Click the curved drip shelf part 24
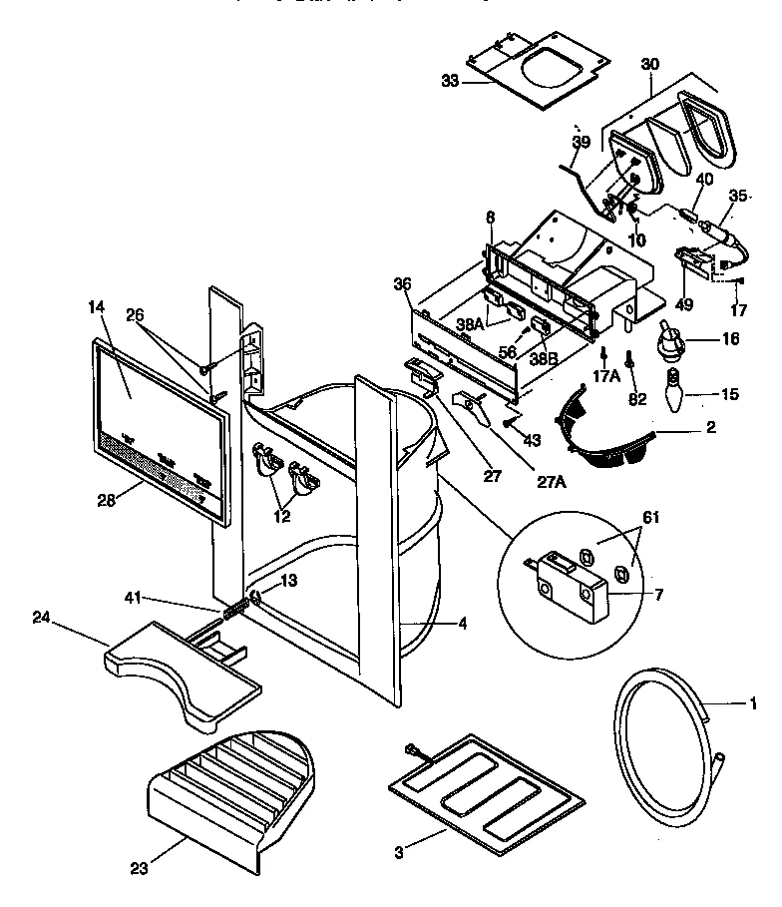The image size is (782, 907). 180,669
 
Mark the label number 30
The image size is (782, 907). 649,63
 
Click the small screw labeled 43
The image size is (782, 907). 509,423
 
